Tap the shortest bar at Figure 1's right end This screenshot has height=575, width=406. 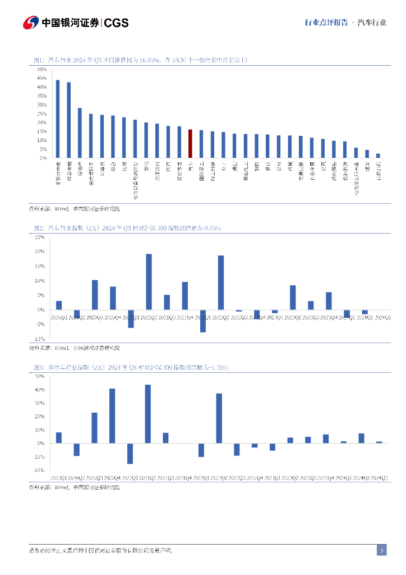point(378,156)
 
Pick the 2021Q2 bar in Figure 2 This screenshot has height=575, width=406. point(149,281)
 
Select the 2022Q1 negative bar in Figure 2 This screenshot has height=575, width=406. point(202,321)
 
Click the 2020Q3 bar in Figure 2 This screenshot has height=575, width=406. point(95,295)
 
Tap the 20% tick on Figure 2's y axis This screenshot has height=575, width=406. point(39,252)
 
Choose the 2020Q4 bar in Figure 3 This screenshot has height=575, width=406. point(112,416)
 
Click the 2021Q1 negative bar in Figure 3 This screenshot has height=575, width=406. point(130,453)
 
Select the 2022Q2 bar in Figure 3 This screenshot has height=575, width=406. point(219,418)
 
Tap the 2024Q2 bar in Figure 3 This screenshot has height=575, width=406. point(362,438)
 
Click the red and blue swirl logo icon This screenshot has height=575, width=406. point(31,23)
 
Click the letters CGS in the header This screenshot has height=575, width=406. point(117,23)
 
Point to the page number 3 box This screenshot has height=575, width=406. point(381,550)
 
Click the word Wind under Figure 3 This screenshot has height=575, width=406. point(61,487)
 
